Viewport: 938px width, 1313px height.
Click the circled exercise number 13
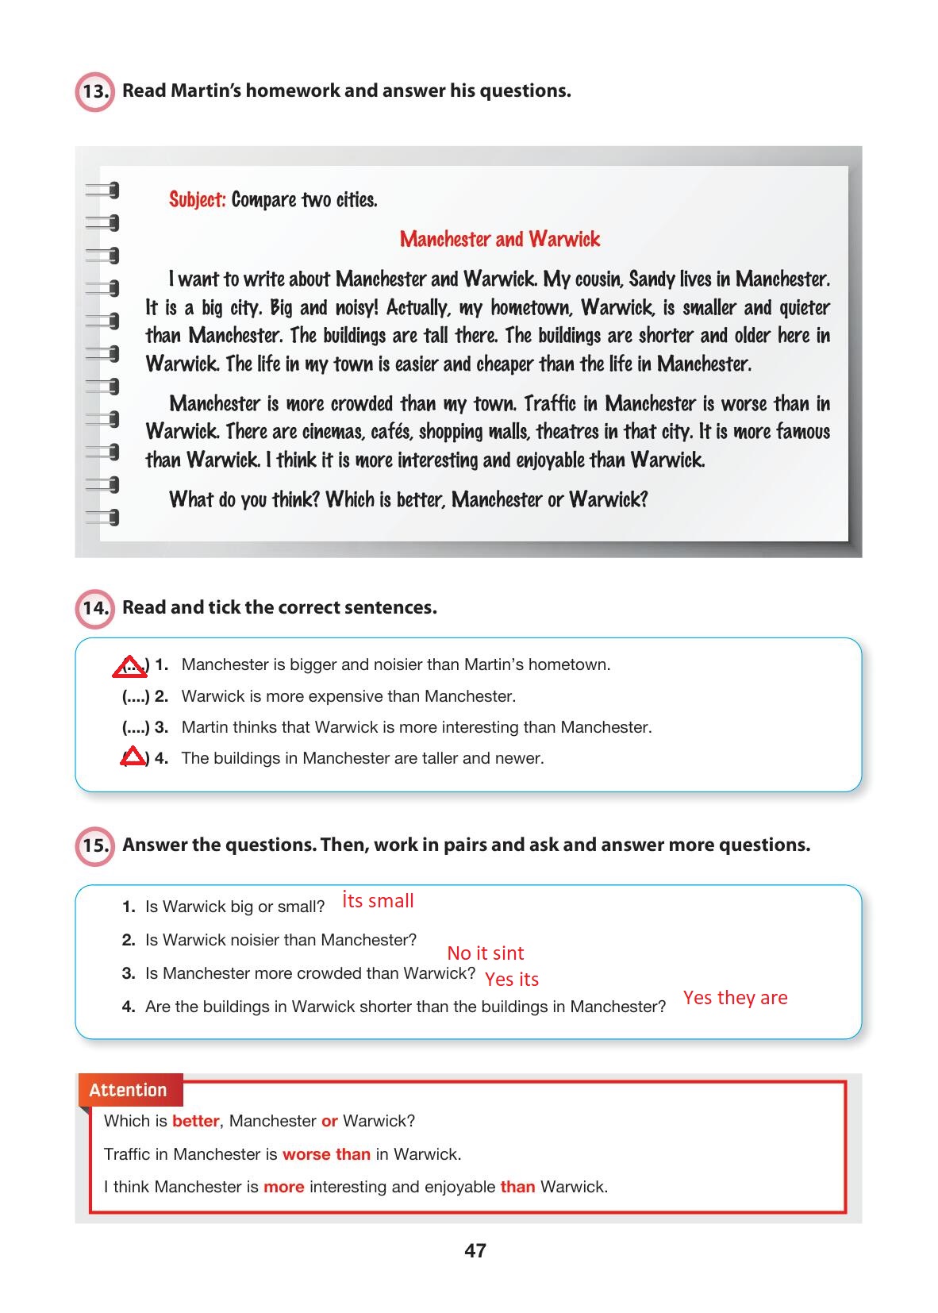pyautogui.click(x=94, y=91)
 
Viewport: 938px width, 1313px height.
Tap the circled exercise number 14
pyautogui.click(x=94, y=609)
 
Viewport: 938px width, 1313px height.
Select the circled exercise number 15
pyautogui.click(x=94, y=846)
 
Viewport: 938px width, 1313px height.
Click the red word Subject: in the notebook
pyautogui.click(x=198, y=199)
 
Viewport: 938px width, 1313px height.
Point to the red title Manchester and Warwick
pyautogui.click(x=500, y=239)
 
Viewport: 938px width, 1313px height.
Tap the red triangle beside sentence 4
pyautogui.click(x=133, y=757)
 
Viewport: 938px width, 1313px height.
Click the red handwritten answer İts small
pyautogui.click(x=378, y=901)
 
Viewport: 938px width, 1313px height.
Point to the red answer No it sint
pyautogui.click(x=485, y=953)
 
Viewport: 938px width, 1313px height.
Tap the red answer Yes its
pyautogui.click(x=512, y=980)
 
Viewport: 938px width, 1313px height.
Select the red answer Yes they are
pyautogui.click(x=735, y=998)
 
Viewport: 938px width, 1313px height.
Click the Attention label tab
pyautogui.click(x=129, y=1090)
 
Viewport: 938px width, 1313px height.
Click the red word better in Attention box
pyautogui.click(x=195, y=1122)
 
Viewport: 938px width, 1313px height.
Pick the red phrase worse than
pyautogui.click(x=326, y=1154)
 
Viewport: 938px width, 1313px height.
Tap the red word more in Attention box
pyautogui.click(x=283, y=1188)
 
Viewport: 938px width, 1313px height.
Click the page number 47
pyautogui.click(x=475, y=1251)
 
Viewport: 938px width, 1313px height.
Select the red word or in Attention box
pyautogui.click(x=329, y=1122)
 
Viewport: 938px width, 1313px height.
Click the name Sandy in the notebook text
pyautogui.click(x=652, y=279)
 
